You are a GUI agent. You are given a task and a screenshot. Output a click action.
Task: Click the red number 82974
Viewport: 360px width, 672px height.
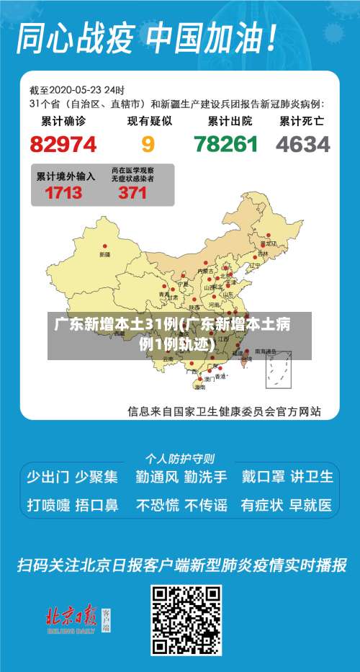(63, 144)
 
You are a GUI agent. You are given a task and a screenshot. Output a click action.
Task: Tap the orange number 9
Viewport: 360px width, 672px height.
(148, 144)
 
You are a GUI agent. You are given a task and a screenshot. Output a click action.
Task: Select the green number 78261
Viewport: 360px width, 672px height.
(226, 144)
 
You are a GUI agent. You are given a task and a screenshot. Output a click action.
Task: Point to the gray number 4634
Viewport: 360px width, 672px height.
(303, 144)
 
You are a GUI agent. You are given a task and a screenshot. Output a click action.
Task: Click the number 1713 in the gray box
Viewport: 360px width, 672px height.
(63, 192)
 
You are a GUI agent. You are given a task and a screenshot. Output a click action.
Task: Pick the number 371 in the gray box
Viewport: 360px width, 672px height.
(132, 192)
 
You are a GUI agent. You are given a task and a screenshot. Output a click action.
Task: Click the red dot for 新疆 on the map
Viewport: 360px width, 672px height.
(106, 245)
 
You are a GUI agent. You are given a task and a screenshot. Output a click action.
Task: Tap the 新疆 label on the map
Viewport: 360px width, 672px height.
(105, 254)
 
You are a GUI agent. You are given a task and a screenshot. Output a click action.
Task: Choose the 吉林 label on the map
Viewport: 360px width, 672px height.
(272, 254)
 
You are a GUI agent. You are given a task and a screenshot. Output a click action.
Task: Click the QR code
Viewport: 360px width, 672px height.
(185, 619)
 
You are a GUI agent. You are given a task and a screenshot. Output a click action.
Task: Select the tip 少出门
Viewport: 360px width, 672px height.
(48, 477)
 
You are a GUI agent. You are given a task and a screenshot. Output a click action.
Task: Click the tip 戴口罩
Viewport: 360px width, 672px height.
(262, 477)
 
